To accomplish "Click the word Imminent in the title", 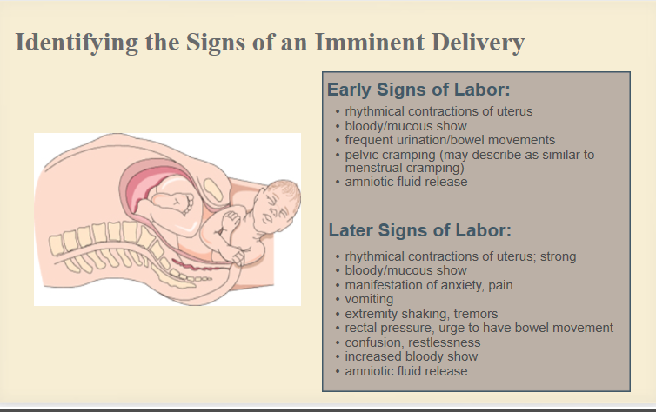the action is click(x=369, y=43).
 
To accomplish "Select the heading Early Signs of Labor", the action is click(x=418, y=90).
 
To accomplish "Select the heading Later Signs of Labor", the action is click(x=419, y=230).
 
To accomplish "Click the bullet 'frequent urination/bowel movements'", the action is click(x=450, y=140).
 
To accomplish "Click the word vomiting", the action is click(x=369, y=300).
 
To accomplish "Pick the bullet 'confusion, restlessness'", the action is click(x=412, y=342).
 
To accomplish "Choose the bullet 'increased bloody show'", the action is click(x=412, y=356).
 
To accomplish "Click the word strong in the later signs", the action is click(x=558, y=256).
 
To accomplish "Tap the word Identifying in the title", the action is click(x=77, y=43).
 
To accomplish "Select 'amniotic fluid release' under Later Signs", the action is click(x=406, y=371).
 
